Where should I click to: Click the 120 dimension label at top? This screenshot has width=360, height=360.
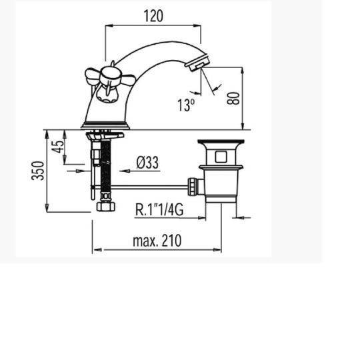coord(153,16)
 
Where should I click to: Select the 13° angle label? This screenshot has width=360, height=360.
coord(186,105)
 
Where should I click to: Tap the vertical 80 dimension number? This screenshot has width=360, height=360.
coord(233,98)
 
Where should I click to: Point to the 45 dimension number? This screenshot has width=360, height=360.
coord(57,147)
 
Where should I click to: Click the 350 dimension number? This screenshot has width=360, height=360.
coord(37,171)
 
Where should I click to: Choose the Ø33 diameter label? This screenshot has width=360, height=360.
coord(147,163)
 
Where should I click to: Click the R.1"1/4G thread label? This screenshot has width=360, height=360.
coord(159,209)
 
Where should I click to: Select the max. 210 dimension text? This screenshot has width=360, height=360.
coord(157,241)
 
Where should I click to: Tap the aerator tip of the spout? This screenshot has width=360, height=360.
coord(197,61)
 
